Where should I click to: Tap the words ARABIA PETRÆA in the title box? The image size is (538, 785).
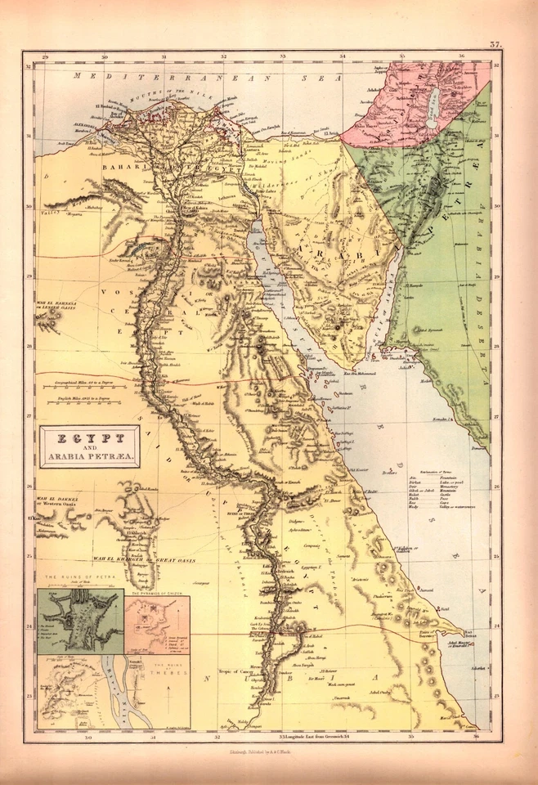(x=90, y=455)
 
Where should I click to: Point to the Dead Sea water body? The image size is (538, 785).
(x=431, y=106)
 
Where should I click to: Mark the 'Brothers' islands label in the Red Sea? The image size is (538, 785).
(x=389, y=473)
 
